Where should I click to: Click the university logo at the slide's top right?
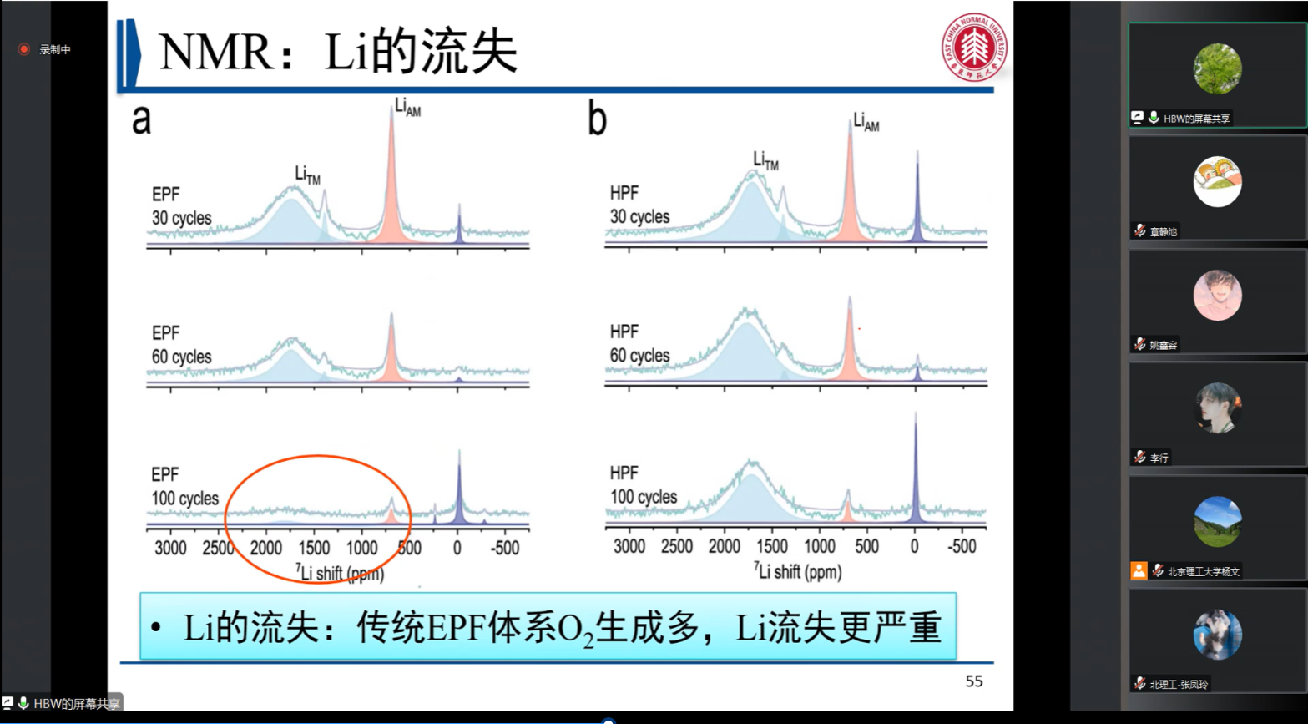point(974,47)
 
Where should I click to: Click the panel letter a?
point(141,119)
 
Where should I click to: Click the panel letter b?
point(597,119)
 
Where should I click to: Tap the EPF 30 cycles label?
point(180,206)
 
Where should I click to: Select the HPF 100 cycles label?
point(642,485)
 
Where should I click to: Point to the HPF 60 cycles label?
point(639,343)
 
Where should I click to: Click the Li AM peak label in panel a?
point(407,108)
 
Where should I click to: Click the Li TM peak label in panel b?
point(765,160)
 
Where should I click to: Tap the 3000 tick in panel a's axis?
point(170,549)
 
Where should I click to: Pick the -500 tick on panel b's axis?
point(962,547)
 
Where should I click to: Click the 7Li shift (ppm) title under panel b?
point(798,572)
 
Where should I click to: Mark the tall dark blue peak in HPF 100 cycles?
point(916,468)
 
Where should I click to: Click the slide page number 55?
point(973,681)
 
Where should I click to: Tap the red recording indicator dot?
point(24,49)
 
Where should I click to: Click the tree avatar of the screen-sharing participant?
point(1217,68)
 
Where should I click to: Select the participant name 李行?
point(1159,458)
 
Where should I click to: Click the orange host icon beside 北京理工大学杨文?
point(1139,570)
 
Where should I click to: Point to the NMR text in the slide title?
point(215,53)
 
